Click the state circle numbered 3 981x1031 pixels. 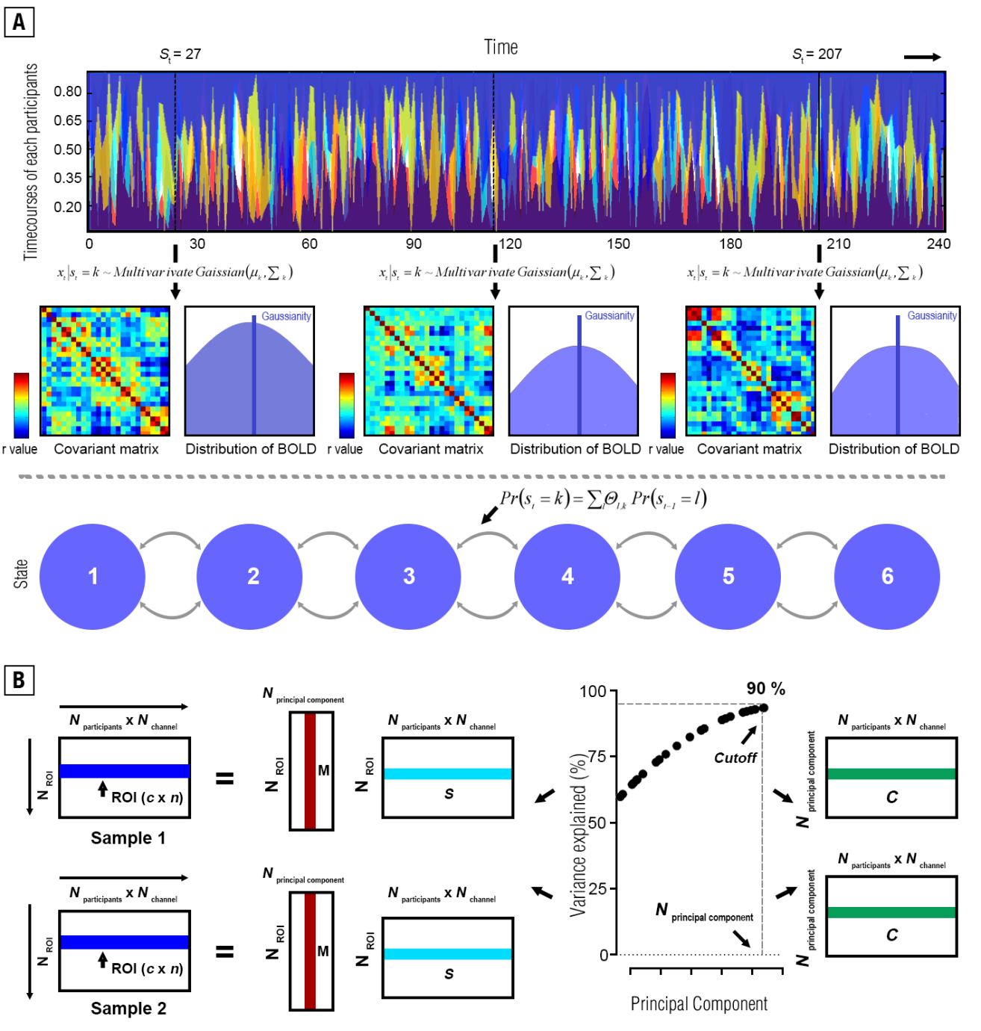tap(408, 576)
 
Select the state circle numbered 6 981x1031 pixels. tap(887, 576)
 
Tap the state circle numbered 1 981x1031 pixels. tap(93, 576)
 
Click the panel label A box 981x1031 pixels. tap(19, 22)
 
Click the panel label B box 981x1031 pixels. tap(19, 679)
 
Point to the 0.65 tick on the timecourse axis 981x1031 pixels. tap(68, 120)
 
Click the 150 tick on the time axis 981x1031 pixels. tap(618, 244)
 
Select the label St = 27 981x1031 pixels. tap(180, 55)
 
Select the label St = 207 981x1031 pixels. tap(817, 55)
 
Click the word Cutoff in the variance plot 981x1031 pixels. tap(735, 758)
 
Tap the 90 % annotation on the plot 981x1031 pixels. tap(766, 689)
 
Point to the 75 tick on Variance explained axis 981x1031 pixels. tap(597, 756)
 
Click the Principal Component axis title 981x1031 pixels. tap(699, 1004)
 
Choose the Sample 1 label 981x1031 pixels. tap(128, 838)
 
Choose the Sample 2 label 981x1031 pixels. tap(128, 1009)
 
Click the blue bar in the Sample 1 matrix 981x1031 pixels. tap(125, 771)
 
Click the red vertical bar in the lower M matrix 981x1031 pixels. tap(310, 951)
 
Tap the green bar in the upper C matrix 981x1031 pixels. tap(891, 774)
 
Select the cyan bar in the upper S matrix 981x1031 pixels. tap(448, 774)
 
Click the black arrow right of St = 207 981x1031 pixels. tap(923, 57)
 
